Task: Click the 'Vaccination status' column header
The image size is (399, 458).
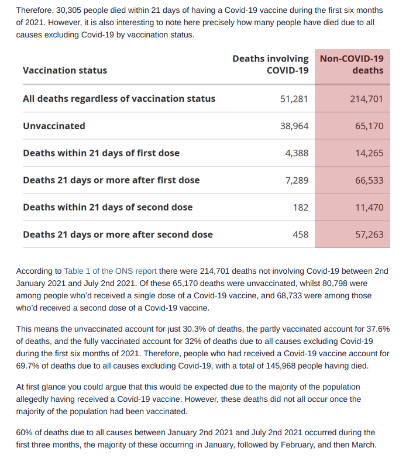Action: pos(65,70)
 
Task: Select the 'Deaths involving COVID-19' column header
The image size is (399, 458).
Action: pos(270,64)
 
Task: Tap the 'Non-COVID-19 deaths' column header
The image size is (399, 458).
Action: pos(352,64)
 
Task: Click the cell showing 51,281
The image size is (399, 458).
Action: pos(294,99)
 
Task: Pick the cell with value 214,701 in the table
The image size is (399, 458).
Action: pos(367,99)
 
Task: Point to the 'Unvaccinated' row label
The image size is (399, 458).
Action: pos(54,126)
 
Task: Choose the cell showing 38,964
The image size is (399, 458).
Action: pos(294,126)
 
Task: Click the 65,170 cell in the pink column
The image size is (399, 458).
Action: pos(369,126)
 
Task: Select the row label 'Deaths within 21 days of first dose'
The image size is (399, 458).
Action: pos(101,153)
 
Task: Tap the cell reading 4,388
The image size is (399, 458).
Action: pos(297,153)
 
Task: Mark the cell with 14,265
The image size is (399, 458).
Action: pos(369,153)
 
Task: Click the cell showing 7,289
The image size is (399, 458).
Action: pos(297,181)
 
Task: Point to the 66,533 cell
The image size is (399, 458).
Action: pos(369,181)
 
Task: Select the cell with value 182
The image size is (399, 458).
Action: pos(301,208)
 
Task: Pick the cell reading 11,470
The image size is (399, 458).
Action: pos(369,208)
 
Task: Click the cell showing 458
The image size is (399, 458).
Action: pos(301,235)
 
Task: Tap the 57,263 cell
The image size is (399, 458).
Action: pos(369,235)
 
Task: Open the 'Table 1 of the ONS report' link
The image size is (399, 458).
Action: pos(111,271)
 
